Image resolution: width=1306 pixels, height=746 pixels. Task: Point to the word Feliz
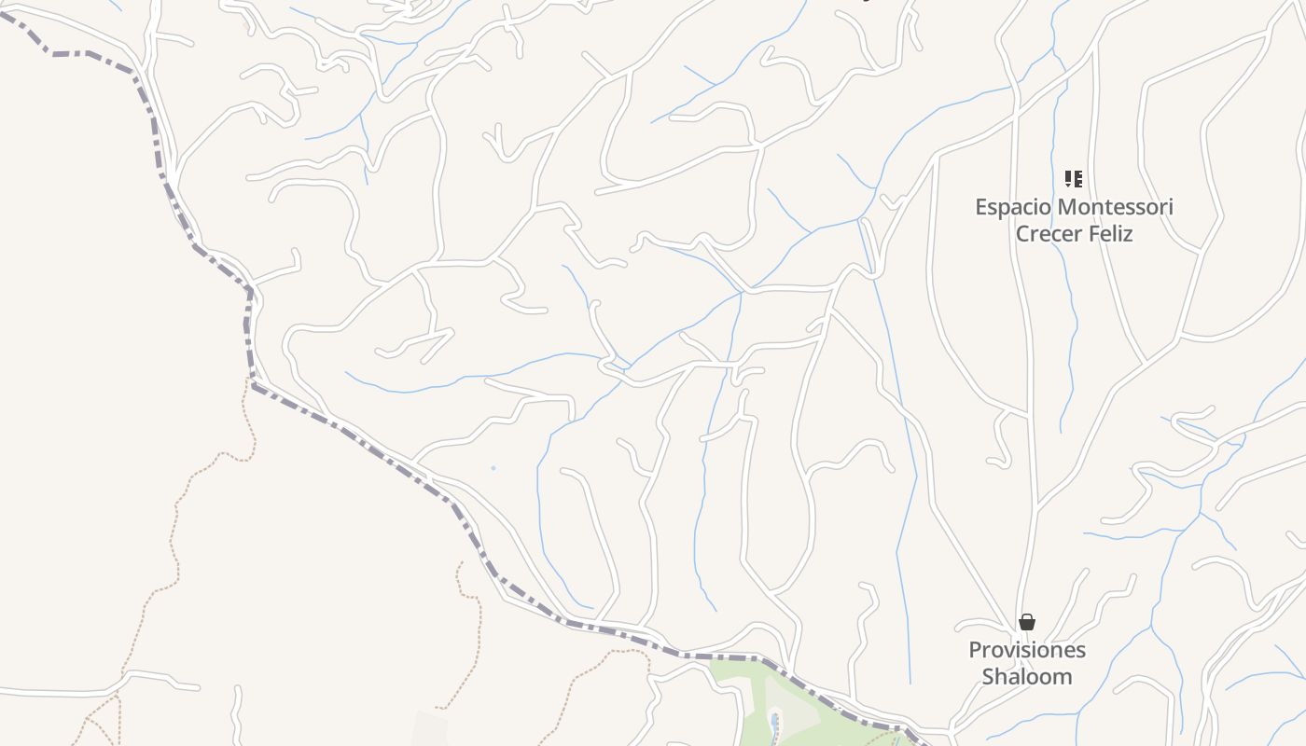[x=1111, y=234]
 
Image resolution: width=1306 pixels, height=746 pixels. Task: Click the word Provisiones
[x=1027, y=650]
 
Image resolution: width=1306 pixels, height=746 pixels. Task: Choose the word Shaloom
[x=1027, y=677]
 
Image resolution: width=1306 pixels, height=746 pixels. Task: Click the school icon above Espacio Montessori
[x=1074, y=178]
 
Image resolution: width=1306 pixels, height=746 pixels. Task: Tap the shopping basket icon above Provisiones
[x=1027, y=622]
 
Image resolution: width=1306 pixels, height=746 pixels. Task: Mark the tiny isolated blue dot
[x=493, y=468]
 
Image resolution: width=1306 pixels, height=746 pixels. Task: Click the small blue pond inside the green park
[x=774, y=723]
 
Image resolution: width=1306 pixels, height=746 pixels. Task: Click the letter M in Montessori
[x=1066, y=207]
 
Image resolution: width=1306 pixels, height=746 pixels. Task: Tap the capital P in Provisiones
[x=976, y=650]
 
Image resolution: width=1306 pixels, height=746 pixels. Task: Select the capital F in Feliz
[x=1089, y=234]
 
